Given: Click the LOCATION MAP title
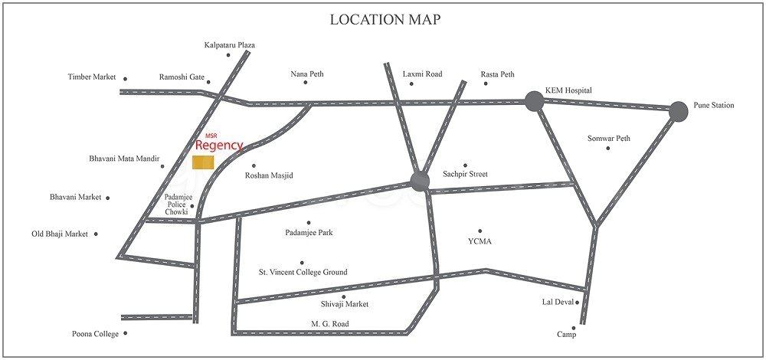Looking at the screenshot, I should point(385,19).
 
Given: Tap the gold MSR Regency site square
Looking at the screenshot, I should point(203,162).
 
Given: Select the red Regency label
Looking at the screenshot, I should point(219,146).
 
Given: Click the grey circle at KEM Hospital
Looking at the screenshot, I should point(534,100).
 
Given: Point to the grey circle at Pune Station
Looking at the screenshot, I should point(678,112).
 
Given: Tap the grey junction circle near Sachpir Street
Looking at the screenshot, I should point(420,181).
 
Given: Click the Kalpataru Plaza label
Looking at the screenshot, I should point(229,45).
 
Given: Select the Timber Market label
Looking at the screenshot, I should point(91,77).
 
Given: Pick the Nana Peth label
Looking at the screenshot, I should point(306,74).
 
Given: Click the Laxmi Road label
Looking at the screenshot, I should point(422,74).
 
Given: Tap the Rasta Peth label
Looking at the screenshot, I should point(497,74).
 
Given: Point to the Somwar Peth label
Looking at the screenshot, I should point(608,139).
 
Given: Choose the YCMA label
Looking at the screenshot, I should point(480,242).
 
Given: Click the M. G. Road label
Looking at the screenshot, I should point(329,324).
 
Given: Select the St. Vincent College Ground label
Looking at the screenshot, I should point(303,272).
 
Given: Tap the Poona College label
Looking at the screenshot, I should point(93,333).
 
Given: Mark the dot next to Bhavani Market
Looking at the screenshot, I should point(108,198).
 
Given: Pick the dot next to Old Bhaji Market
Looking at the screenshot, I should point(96,234).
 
